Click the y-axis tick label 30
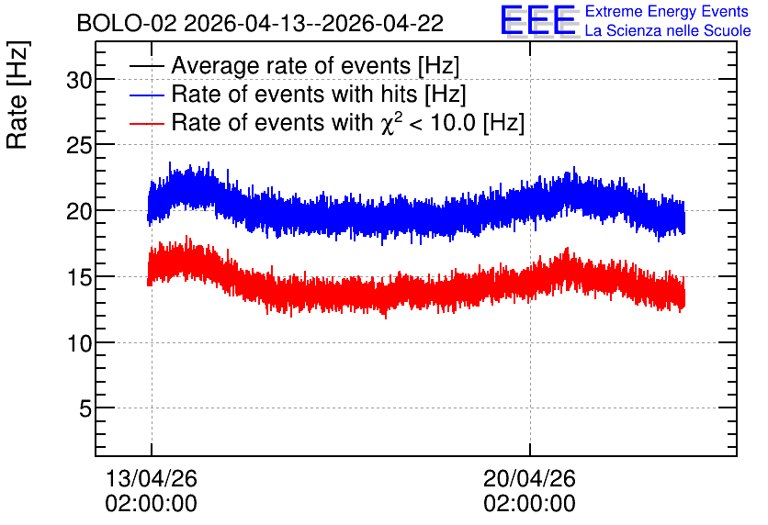click(x=79, y=80)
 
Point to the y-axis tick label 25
click(x=79, y=145)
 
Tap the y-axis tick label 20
click(x=79, y=211)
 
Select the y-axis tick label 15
click(x=79, y=277)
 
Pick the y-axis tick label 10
click(x=79, y=343)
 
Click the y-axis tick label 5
click(x=85, y=408)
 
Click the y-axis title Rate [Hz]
click(x=17, y=95)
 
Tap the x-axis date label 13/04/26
click(x=152, y=478)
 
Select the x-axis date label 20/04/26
click(x=529, y=478)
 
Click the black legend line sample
click(x=146, y=66)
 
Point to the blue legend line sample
click(x=146, y=95)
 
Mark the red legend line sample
click(x=146, y=123)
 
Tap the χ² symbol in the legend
click(x=390, y=122)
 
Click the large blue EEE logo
click(x=538, y=20)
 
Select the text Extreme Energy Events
click(x=667, y=11)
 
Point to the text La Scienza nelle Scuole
click(x=668, y=30)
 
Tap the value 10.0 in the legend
click(x=453, y=122)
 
